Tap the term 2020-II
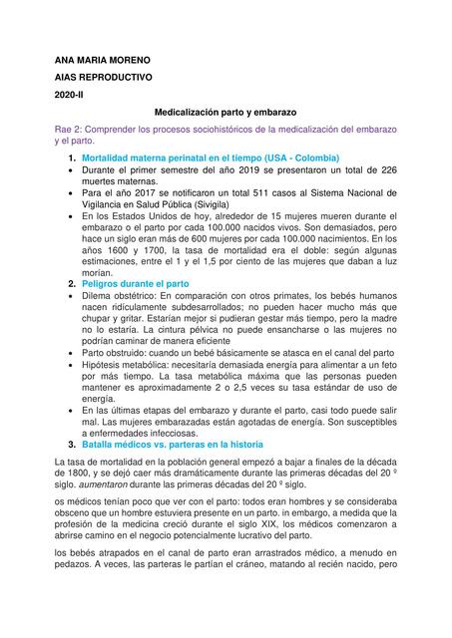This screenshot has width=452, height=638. (x=69, y=95)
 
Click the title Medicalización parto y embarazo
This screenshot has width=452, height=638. (x=226, y=114)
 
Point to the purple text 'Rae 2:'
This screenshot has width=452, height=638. (x=70, y=132)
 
